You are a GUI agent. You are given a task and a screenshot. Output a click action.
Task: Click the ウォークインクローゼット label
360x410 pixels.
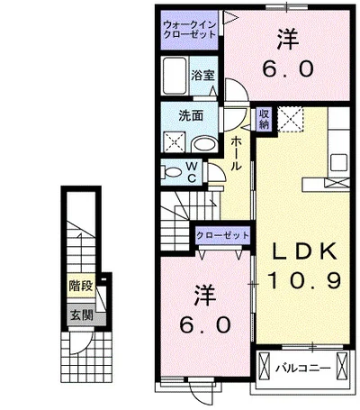point(189,30)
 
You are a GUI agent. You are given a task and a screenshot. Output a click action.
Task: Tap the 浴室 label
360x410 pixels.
point(203,76)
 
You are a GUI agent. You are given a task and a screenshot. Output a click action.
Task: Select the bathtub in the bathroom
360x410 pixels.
point(175,76)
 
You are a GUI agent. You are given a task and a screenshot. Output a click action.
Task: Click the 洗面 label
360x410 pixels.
point(191,115)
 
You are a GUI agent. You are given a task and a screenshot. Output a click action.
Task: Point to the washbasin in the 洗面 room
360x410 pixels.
point(204,144)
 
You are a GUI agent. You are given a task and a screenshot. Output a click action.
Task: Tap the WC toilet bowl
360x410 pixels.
point(171,173)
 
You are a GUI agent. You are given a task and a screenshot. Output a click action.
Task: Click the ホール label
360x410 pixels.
point(236,153)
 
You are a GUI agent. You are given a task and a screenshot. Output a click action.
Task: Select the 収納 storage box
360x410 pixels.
point(264,119)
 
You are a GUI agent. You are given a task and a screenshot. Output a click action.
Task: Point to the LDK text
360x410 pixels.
point(303,251)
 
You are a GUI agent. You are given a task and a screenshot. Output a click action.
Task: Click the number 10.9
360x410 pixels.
point(304,280)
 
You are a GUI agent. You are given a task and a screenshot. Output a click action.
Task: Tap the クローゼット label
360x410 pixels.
point(223,235)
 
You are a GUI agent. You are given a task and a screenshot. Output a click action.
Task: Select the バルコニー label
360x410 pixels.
point(303,368)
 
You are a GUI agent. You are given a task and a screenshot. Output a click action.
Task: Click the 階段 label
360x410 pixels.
point(81,286)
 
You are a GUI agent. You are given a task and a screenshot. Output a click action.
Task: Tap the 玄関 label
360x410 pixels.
point(82,315)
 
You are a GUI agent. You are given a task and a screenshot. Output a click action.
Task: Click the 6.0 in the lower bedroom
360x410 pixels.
point(205,325)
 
